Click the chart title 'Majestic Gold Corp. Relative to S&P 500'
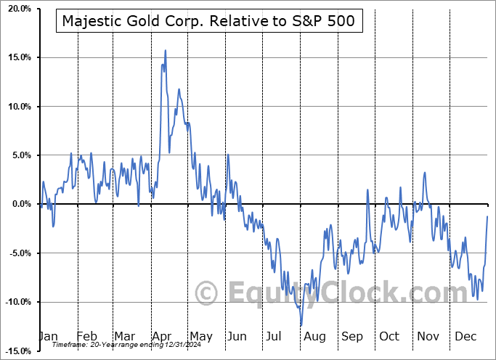208,21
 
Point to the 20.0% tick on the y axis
17,9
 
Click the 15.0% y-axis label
17,57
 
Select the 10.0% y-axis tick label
17,107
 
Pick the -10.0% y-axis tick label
15,302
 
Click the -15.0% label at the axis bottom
15,351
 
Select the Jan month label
48,337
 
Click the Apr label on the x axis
162,337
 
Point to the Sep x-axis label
352,337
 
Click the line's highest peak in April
166,51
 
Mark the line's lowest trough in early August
301,325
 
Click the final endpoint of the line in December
487,216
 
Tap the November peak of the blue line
424,173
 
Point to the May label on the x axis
200,337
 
